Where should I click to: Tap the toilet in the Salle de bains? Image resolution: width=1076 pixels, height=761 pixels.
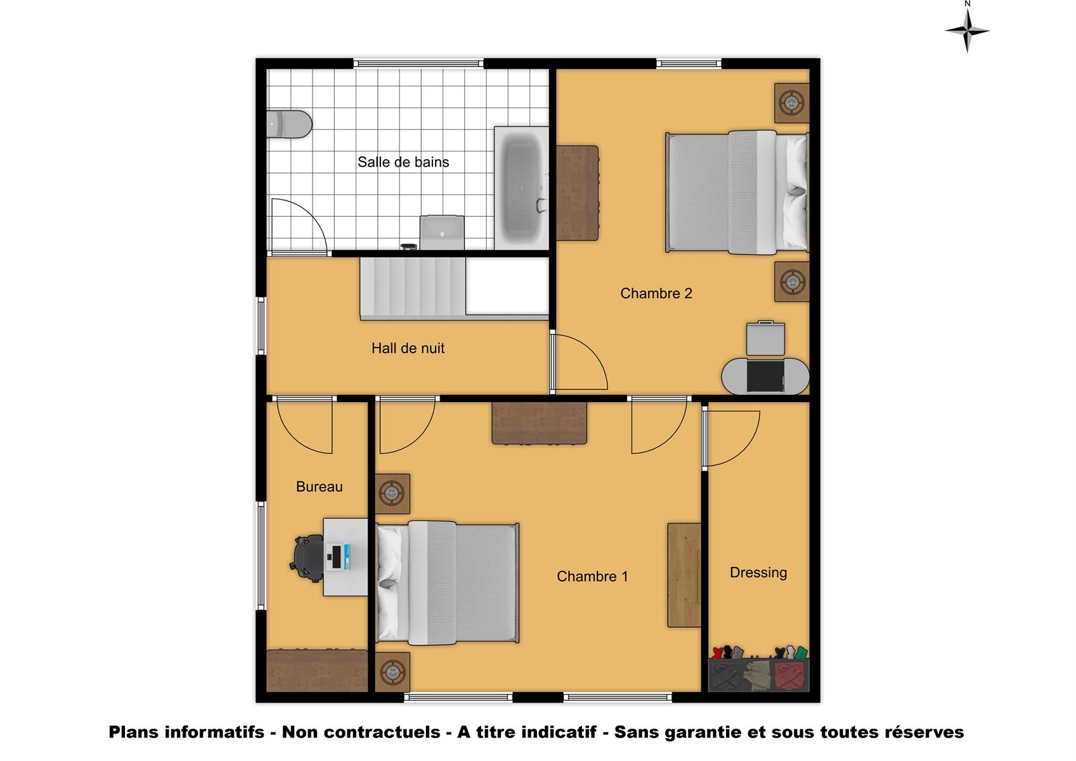point(289,124)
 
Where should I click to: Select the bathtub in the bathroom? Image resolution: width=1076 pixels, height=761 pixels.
point(522,188)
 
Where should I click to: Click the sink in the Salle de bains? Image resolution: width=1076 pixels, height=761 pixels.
point(442,233)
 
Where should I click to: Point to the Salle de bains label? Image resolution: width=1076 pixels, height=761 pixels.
point(403,162)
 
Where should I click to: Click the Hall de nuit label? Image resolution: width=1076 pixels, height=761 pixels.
point(408,348)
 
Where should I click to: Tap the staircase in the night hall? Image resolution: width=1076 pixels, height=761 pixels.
point(413,289)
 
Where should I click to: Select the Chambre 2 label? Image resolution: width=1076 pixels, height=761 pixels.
point(656,293)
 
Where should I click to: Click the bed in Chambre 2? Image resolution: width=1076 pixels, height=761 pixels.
point(737,192)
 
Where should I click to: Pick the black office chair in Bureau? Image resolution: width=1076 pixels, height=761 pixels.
point(306,558)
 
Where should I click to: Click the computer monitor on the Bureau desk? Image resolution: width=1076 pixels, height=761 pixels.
point(338,557)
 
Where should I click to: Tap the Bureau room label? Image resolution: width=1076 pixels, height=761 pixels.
point(320,486)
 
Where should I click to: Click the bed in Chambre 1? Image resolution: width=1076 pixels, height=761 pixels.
point(447,583)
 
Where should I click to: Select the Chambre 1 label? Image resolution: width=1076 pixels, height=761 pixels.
point(592,576)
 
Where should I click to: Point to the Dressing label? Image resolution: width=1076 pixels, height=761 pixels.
point(758,573)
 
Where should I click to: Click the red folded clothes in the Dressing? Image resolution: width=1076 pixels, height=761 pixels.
point(789,675)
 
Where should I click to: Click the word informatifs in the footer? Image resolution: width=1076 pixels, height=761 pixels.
point(215,732)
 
